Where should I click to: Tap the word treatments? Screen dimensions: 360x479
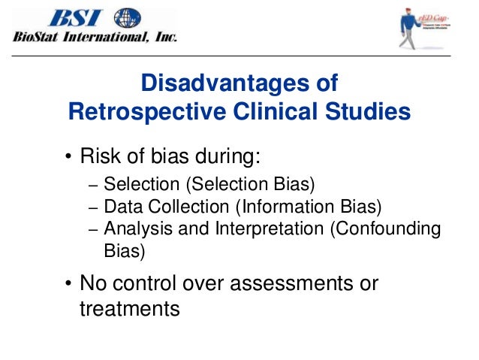click(130, 308)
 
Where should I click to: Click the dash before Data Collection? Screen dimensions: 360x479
click(92, 207)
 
